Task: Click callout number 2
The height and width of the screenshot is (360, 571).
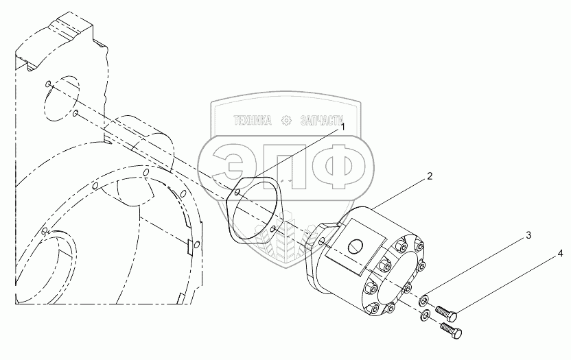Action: click(430, 177)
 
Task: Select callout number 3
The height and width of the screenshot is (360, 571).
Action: click(528, 235)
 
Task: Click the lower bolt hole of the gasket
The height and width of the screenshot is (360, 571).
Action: click(274, 228)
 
